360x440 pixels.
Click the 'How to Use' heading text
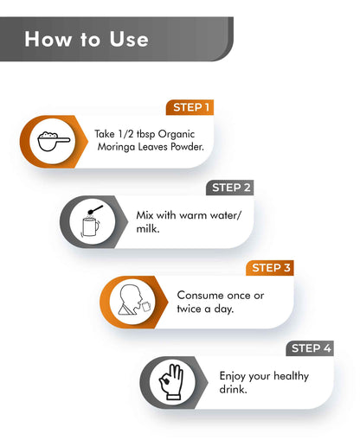(87, 39)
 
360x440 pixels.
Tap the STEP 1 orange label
(190, 107)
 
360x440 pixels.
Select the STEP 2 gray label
(230, 188)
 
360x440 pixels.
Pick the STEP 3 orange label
(270, 268)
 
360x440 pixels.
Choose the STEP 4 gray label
(310, 348)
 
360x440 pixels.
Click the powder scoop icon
(54, 141)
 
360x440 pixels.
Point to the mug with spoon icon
(92, 221)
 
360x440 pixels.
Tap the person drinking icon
(134, 300)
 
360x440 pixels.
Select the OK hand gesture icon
(171, 382)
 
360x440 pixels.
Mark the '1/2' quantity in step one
(125, 134)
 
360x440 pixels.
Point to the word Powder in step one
(187, 147)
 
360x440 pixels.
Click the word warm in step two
(197, 215)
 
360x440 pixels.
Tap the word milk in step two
(148, 229)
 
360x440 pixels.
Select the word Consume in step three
(199, 295)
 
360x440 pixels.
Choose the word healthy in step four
(291, 376)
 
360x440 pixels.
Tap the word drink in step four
(233, 389)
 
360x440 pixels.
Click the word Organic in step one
(177, 134)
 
